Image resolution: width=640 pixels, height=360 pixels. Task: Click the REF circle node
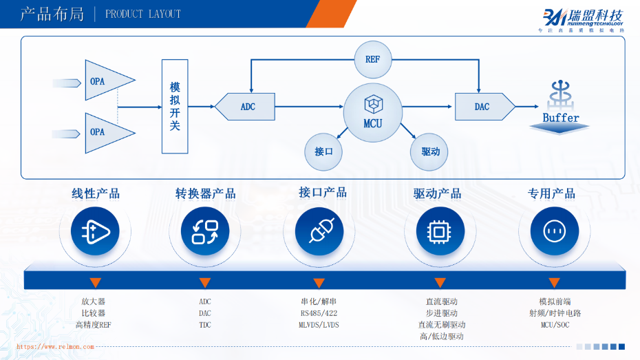coord(372,59)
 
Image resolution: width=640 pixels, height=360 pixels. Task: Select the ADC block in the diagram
coord(246,107)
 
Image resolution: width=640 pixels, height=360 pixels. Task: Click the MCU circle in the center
coord(372,113)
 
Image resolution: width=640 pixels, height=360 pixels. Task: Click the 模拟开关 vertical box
coord(175,107)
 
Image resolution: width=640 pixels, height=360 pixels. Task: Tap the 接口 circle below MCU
coord(323,151)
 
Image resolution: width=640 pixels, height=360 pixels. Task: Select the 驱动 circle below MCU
coord(430,151)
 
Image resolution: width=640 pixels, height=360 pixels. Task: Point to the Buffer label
coord(561,118)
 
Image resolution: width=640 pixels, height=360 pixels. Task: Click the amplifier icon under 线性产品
coord(100,231)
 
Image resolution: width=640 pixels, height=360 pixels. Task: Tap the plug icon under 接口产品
coord(319,231)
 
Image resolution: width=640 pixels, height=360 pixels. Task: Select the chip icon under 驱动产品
coord(438,231)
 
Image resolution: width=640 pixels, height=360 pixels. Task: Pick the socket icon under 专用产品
coord(554,231)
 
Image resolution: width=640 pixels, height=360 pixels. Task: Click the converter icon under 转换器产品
coord(205,231)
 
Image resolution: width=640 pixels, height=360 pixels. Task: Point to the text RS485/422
coord(319,313)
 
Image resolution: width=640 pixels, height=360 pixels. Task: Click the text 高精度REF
coord(93,325)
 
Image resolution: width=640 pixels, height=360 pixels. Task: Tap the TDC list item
coord(205,325)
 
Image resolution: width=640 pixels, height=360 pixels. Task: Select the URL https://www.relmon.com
coord(55,347)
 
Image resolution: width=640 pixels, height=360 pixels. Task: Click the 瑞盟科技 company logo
coord(584,17)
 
